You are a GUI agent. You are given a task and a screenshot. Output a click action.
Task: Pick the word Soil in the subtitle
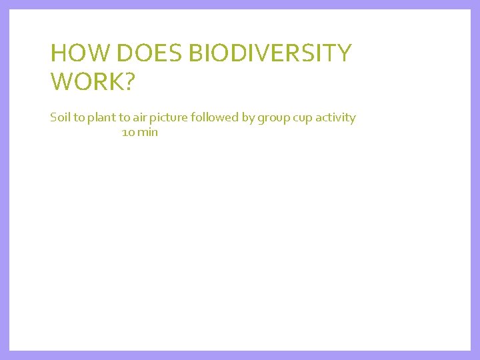[x=60, y=118]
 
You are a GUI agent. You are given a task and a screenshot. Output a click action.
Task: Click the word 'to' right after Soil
[x=79, y=118]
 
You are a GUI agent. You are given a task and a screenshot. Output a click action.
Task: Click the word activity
[x=335, y=118]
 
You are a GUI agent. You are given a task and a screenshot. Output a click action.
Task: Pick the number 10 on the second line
[x=128, y=132]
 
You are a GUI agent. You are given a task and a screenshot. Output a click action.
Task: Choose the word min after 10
[x=148, y=132]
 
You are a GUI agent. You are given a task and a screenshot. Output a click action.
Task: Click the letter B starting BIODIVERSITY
[x=195, y=53]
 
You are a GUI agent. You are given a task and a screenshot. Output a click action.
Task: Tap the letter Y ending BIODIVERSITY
[x=343, y=53]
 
